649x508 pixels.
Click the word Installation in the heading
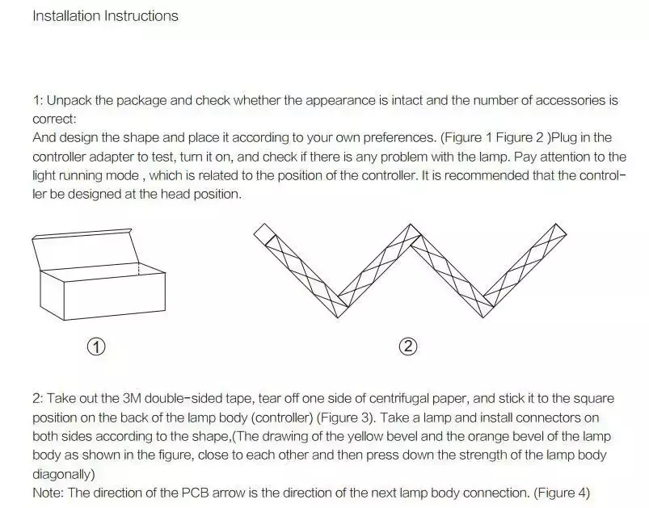(x=66, y=16)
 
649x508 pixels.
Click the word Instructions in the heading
(x=141, y=16)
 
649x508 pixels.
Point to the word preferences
(x=399, y=138)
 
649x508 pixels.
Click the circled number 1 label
(x=96, y=346)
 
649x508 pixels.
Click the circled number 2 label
(x=408, y=346)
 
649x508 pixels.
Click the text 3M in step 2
(x=132, y=399)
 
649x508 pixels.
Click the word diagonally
(x=64, y=474)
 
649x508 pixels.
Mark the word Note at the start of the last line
(x=48, y=493)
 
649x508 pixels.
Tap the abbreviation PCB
(x=196, y=493)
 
